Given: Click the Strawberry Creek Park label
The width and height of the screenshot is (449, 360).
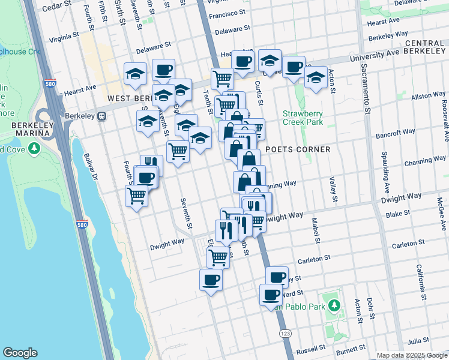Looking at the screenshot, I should (303, 118).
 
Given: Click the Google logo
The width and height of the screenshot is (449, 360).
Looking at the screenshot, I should (20, 353).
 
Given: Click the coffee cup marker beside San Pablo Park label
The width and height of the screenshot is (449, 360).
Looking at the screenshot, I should (271, 295).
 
